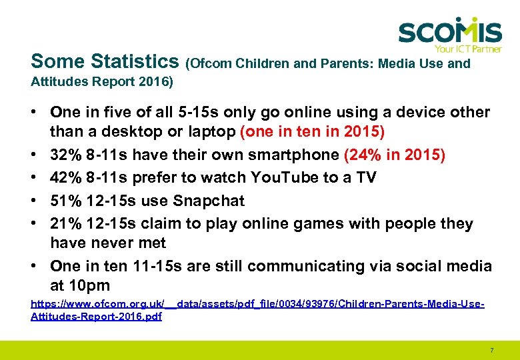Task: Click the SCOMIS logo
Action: point(450,32)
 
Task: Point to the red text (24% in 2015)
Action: point(395,155)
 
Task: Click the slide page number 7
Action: point(491,350)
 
